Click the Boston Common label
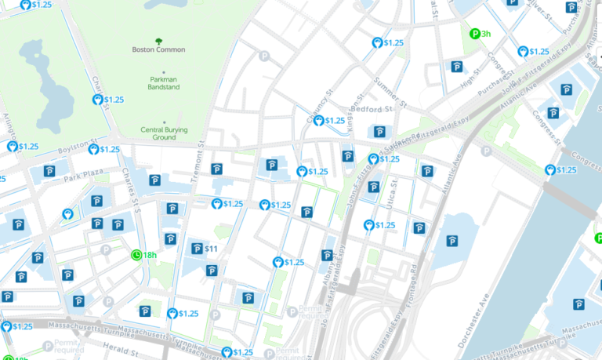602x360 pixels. (158, 49)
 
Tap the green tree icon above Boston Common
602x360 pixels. (158, 40)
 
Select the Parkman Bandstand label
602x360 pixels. (164, 83)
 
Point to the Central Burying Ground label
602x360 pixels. (164, 133)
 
